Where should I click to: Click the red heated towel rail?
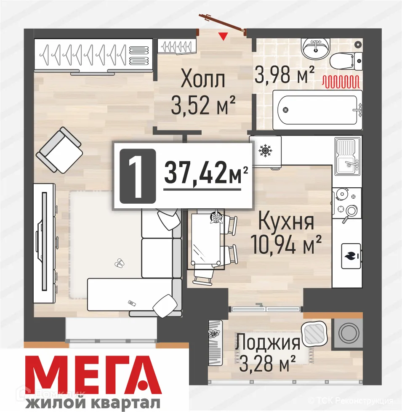(341, 81)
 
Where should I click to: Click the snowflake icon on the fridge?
(265, 150)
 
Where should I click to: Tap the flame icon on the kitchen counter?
(350, 255)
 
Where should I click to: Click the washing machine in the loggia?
(348, 333)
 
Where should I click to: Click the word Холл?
(203, 80)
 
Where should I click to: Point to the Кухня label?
(286, 221)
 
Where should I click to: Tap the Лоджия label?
(268, 342)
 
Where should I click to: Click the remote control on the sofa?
(132, 303)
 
